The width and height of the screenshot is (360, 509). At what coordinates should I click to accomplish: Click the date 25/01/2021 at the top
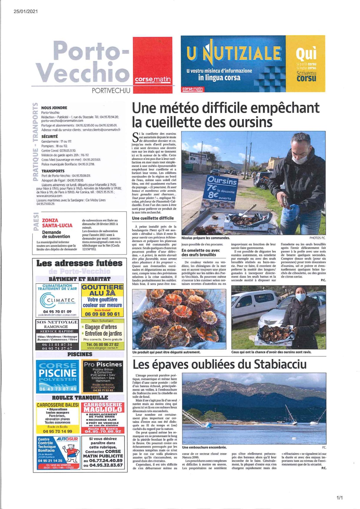pyautogui.click(x=26, y=12)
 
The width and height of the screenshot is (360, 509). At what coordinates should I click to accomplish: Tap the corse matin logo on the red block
pyautogui.click(x=153, y=79)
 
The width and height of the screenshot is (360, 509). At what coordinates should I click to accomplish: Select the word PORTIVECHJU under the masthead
pyautogui.click(x=111, y=91)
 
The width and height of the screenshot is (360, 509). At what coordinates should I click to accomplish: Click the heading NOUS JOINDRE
pyautogui.click(x=54, y=108)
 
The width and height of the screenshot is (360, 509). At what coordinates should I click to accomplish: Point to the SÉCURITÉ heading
pyautogui.click(x=49, y=137)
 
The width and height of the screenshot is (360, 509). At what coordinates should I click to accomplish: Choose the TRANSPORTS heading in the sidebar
pyautogui.click(x=53, y=171)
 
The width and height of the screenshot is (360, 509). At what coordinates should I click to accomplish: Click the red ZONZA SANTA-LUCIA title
pyautogui.click(x=57, y=223)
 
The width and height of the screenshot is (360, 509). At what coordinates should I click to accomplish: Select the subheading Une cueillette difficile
pyautogui.click(x=153, y=218)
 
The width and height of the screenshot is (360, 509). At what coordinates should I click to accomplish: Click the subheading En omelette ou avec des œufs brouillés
pyautogui.click(x=201, y=253)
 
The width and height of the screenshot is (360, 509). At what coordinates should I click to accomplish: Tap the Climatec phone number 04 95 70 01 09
pyautogui.click(x=57, y=311)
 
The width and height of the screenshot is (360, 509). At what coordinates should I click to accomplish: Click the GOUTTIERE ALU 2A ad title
pyautogui.click(x=103, y=290)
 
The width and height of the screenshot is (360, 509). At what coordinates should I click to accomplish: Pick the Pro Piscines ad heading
pyautogui.click(x=103, y=364)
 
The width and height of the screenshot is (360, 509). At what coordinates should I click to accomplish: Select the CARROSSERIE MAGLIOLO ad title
pyautogui.click(x=103, y=407)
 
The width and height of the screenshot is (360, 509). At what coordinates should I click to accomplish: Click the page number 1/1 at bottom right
pyautogui.click(x=340, y=497)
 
